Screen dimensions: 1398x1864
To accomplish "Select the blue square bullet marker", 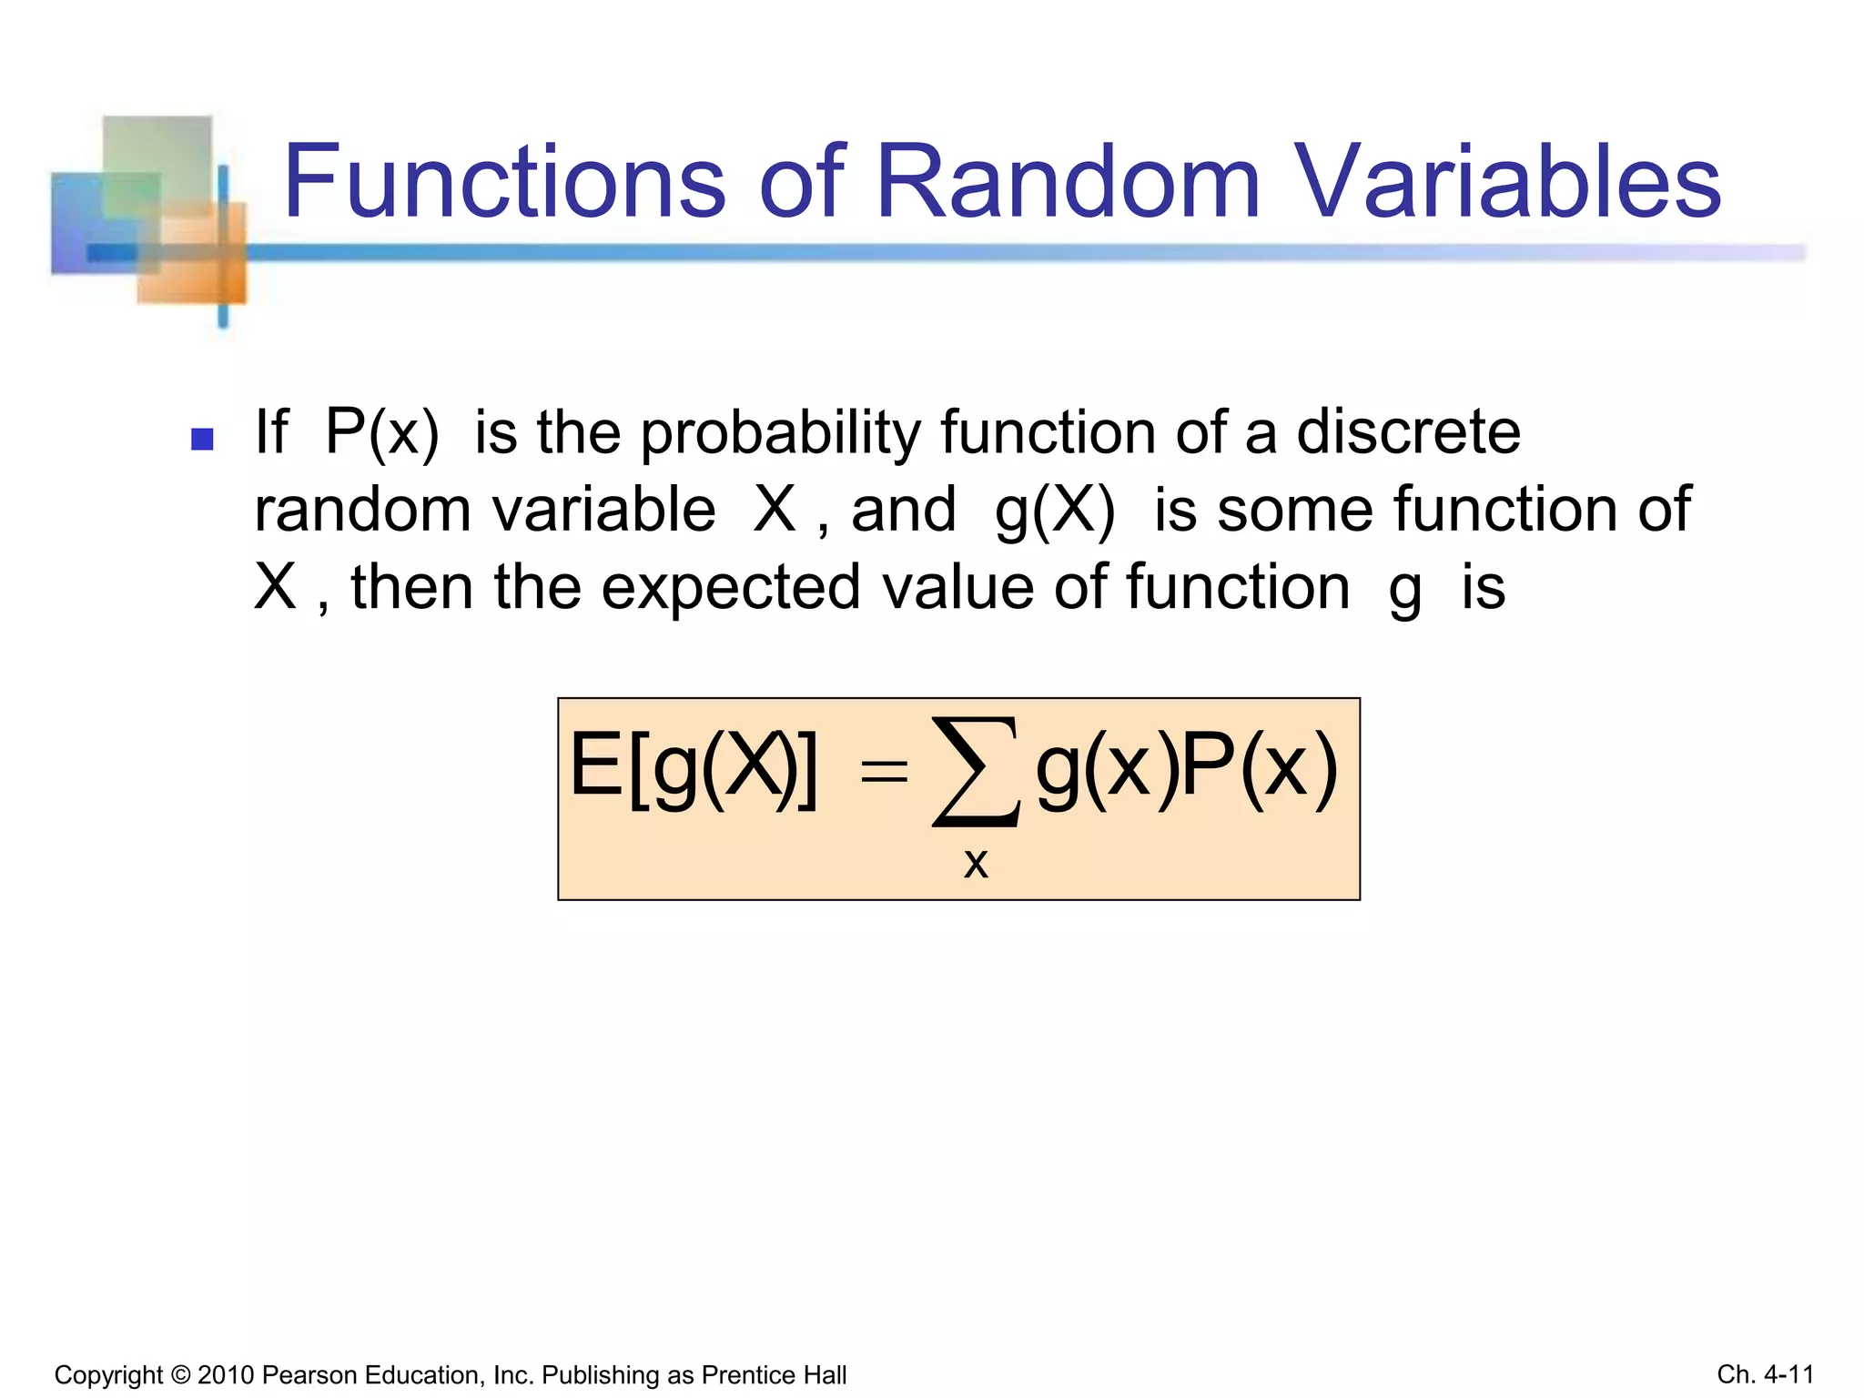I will [202, 440].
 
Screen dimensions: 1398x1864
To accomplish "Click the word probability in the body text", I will [781, 433].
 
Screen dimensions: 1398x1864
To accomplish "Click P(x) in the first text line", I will [382, 433].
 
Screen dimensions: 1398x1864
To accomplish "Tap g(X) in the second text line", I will [1055, 511].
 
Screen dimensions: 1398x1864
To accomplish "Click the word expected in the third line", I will [731, 588].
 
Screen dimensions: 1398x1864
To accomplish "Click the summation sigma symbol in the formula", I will [975, 772].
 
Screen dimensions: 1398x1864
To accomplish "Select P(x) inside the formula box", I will [1260, 769].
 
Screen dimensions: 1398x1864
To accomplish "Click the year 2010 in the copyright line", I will [225, 1374].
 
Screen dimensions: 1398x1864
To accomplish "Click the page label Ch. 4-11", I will [1765, 1373].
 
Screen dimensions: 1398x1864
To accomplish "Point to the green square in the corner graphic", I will [157, 164].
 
